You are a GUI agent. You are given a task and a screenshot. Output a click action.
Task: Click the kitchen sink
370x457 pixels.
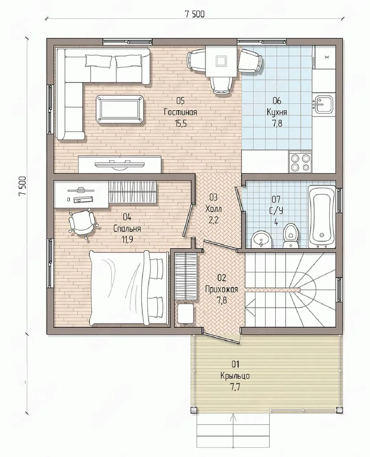(x=323, y=104)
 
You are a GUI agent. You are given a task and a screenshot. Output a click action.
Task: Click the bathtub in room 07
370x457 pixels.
(x=321, y=217)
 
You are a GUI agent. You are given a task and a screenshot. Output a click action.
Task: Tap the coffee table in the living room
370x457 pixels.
(x=120, y=109)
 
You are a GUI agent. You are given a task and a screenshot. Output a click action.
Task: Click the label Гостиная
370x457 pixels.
(x=180, y=112)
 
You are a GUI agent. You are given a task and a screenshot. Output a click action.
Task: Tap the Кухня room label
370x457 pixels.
(x=277, y=112)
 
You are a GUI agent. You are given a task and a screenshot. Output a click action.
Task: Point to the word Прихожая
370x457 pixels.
(x=221, y=290)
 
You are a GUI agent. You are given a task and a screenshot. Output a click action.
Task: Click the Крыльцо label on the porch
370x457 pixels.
(x=235, y=376)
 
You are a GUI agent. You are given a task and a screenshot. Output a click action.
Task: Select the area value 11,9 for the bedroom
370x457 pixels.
(x=127, y=240)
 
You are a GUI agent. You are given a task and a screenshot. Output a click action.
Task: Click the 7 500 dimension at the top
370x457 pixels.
(x=194, y=14)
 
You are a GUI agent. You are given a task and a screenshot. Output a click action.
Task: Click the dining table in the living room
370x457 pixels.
(x=221, y=61)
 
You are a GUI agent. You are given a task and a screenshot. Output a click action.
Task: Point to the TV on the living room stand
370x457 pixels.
(x=120, y=165)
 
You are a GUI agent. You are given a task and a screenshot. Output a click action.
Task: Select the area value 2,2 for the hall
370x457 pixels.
(x=213, y=220)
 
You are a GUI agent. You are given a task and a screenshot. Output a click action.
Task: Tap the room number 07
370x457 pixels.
(x=276, y=199)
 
